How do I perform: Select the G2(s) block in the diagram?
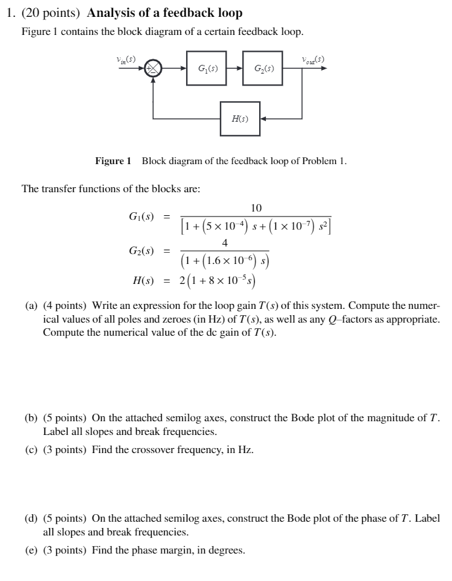[x=260, y=68]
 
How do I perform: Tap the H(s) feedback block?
[x=240, y=119]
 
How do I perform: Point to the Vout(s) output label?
[x=312, y=60]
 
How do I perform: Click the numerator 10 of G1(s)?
[x=256, y=208]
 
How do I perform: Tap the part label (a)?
[x=31, y=306]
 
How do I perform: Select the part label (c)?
[x=31, y=449]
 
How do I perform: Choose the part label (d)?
[x=31, y=519]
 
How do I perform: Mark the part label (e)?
[x=31, y=550]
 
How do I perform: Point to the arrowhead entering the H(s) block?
[x=263, y=119]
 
